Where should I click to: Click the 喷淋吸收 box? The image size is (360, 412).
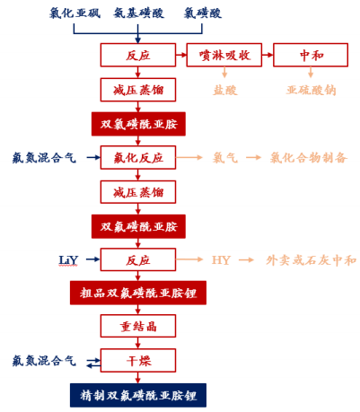pyautogui.click(x=224, y=55)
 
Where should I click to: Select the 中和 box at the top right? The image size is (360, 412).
pyautogui.click(x=311, y=55)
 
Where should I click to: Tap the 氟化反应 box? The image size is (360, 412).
pyautogui.click(x=138, y=158)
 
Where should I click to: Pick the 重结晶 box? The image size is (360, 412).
pyautogui.click(x=138, y=326)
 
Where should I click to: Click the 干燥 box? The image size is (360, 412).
pyautogui.click(x=138, y=361)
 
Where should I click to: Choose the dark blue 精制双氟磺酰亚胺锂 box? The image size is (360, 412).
pyautogui.click(x=138, y=395)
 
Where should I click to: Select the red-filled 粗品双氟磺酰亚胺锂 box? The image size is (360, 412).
pyautogui.click(x=138, y=293)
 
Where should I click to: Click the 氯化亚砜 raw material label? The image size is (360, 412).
pyautogui.click(x=75, y=13)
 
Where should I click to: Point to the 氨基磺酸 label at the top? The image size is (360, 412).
pyautogui.click(x=138, y=13)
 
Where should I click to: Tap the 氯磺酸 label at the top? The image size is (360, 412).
pyautogui.click(x=203, y=13)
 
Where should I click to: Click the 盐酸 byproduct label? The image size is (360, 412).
pyautogui.click(x=225, y=90)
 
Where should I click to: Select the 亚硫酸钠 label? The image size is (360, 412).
pyautogui.click(x=312, y=90)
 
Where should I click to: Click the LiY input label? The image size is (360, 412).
pyautogui.click(x=68, y=260)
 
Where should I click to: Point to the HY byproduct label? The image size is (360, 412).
pyautogui.click(x=221, y=260)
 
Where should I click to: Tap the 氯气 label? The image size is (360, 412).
pyautogui.click(x=225, y=158)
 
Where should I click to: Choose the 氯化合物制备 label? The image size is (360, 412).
pyautogui.click(x=309, y=158)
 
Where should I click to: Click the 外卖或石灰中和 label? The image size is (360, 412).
pyautogui.click(x=312, y=260)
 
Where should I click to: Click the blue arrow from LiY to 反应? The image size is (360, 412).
pyautogui.click(x=92, y=259)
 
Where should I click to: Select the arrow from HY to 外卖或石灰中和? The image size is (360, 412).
pyautogui.click(x=247, y=260)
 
